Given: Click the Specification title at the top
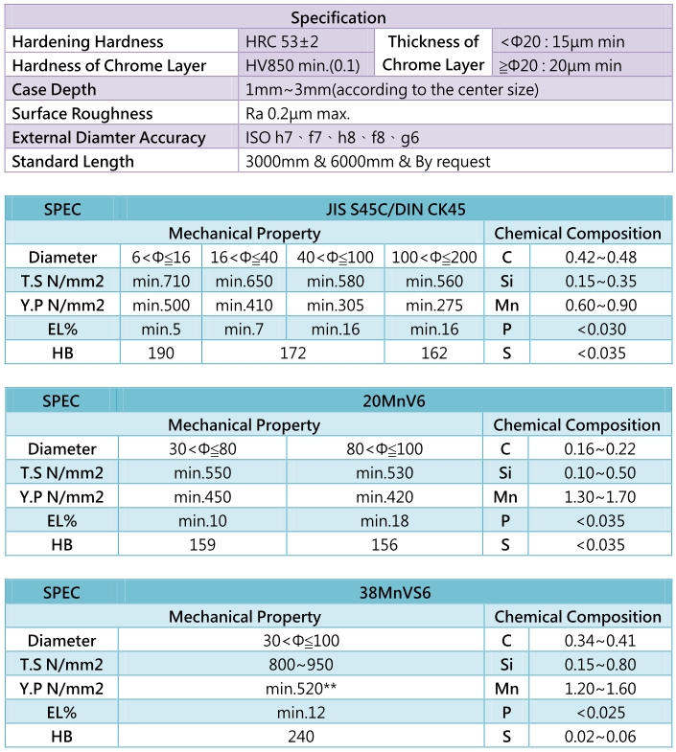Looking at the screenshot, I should (x=338, y=17).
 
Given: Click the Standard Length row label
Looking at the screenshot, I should (x=73, y=161).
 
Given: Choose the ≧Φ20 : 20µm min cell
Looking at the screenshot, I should (x=561, y=65).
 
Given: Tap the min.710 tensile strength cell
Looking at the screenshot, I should (x=161, y=281).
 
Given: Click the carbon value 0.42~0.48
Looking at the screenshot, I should (x=600, y=257).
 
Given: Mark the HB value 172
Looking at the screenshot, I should (x=292, y=353).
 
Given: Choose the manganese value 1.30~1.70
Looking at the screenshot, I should (x=600, y=496).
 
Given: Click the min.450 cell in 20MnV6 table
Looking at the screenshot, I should (x=204, y=496).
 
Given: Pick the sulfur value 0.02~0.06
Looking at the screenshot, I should (x=600, y=736).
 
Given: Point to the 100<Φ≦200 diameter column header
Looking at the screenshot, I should (x=433, y=257).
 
